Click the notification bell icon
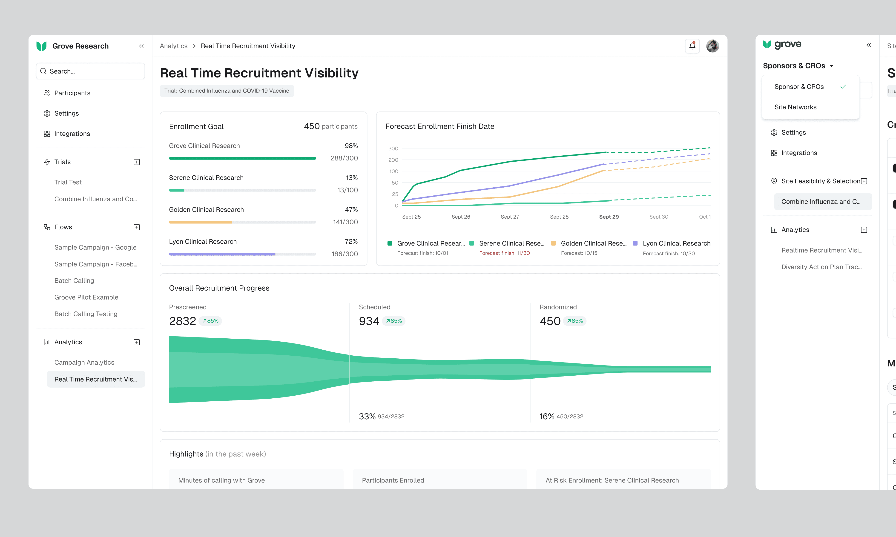click(692, 46)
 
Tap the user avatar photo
click(712, 46)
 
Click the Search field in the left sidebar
click(91, 71)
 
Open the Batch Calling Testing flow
click(86, 314)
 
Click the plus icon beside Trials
click(136, 162)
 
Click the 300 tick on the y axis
click(393, 148)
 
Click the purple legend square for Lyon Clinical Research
click(635, 243)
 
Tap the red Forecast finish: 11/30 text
click(504, 253)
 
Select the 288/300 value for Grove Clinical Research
click(344, 158)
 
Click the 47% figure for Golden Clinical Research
click(351, 209)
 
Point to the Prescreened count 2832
click(182, 321)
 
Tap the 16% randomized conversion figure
click(547, 417)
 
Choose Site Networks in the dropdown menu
click(795, 107)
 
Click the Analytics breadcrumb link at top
click(174, 46)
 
